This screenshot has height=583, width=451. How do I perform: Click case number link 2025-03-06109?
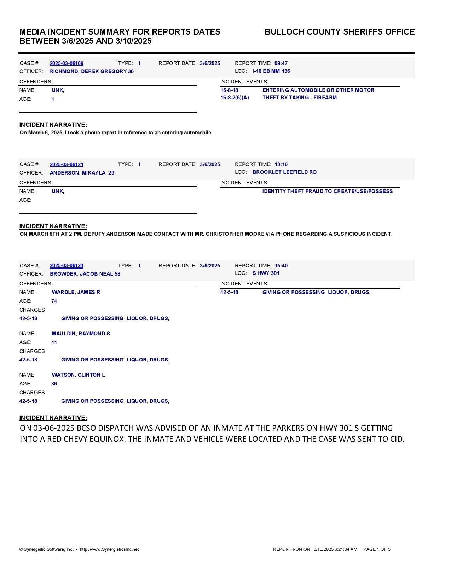coord(67,64)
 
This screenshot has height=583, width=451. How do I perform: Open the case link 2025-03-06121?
coord(67,165)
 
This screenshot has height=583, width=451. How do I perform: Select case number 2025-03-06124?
coord(67,266)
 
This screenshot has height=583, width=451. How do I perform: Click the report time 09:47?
coord(281,64)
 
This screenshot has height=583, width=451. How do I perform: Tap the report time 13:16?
coord(281,165)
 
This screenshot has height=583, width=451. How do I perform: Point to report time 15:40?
coord(281,266)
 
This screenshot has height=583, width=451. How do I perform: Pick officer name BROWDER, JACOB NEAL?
coord(85,274)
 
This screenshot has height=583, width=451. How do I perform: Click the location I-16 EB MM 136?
coord(271,71)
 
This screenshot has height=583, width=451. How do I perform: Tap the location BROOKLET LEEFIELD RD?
coord(284,172)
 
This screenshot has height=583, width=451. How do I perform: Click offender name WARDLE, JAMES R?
coord(76,293)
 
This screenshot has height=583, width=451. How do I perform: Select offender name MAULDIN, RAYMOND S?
coord(81,334)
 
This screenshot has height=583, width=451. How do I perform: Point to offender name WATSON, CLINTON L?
coord(78,375)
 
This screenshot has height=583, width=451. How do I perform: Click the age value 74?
coord(54,301)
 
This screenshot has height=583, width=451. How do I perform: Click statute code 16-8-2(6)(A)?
coord(235,98)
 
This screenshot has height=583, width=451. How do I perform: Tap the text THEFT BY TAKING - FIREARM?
coord(299,98)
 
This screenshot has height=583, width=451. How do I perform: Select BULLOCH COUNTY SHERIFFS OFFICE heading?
coord(339,32)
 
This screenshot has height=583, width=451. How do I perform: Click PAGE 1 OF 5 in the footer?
coord(377,549)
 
